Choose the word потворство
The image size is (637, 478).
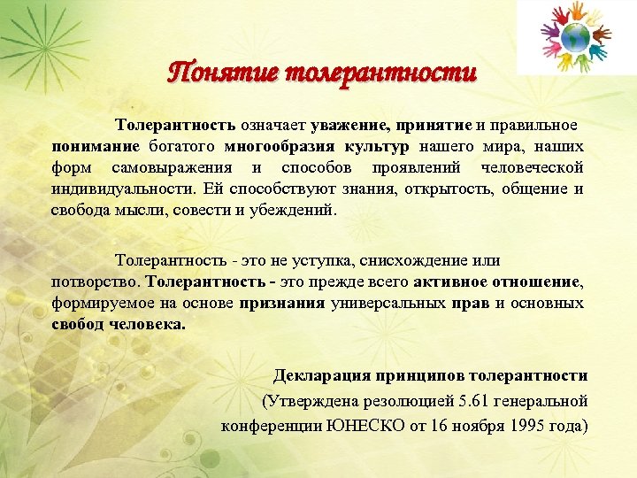(x=96, y=282)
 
